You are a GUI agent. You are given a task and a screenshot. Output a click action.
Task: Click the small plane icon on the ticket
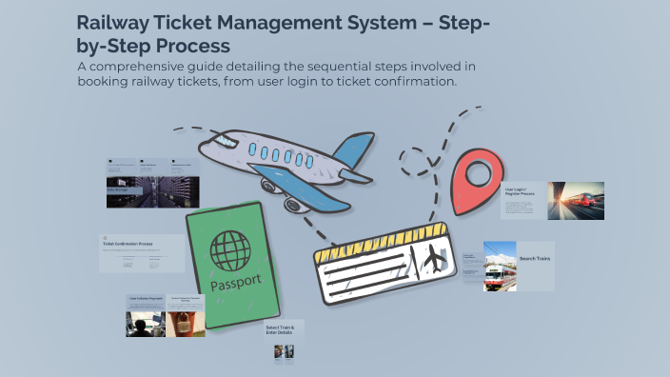click(432, 257)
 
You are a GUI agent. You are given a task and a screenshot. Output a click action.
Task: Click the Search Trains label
click(535, 258)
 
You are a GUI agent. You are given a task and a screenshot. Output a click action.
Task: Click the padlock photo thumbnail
click(178, 324)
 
